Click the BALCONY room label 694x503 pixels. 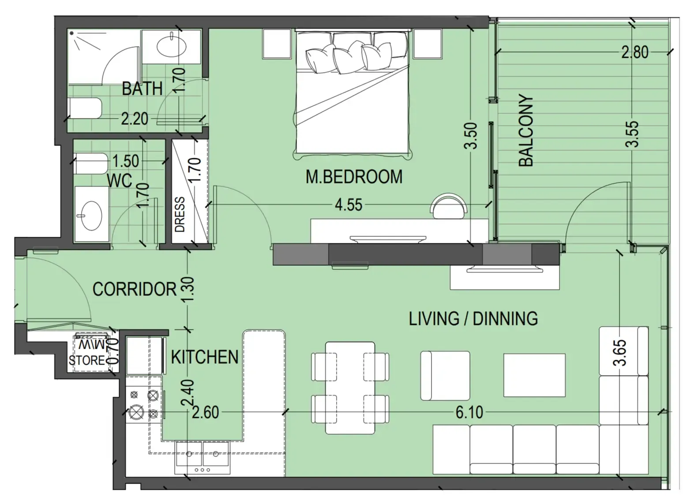[526, 130]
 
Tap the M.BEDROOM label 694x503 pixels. [354, 177]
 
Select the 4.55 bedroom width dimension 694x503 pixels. [349, 205]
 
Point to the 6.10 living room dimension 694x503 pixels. [469, 413]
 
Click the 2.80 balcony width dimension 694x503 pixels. [635, 52]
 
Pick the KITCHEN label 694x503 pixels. [205, 357]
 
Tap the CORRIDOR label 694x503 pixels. [135, 289]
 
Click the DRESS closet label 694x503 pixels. [180, 214]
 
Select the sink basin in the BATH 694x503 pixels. [172, 46]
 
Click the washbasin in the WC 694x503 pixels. [91, 216]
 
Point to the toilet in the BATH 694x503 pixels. [85, 108]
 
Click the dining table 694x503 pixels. [350, 388]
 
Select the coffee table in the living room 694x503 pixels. [534, 375]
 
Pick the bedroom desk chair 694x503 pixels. [449, 204]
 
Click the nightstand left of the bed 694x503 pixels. [277, 44]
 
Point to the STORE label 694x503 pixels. [87, 360]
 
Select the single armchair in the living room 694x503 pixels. [445, 376]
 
